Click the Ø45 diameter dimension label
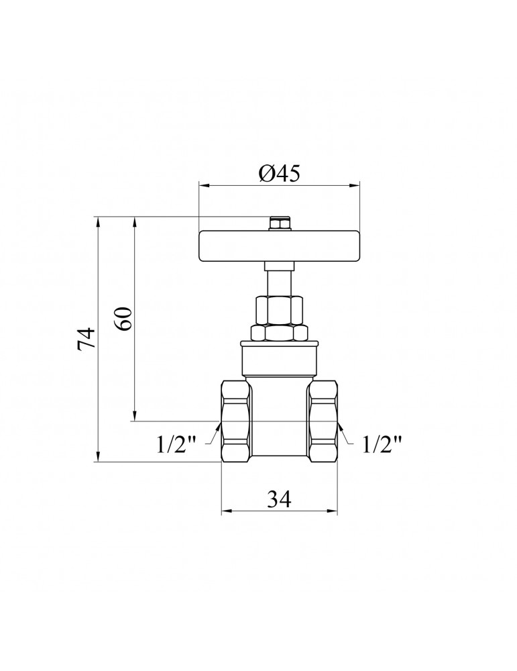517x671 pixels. (279, 173)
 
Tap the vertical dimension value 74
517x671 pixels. (86, 340)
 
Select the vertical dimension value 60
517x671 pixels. (123, 319)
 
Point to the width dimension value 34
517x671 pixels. (279, 499)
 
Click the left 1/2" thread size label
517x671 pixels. (176, 444)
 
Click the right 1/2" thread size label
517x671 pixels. (382, 444)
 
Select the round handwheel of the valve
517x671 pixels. (279, 246)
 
